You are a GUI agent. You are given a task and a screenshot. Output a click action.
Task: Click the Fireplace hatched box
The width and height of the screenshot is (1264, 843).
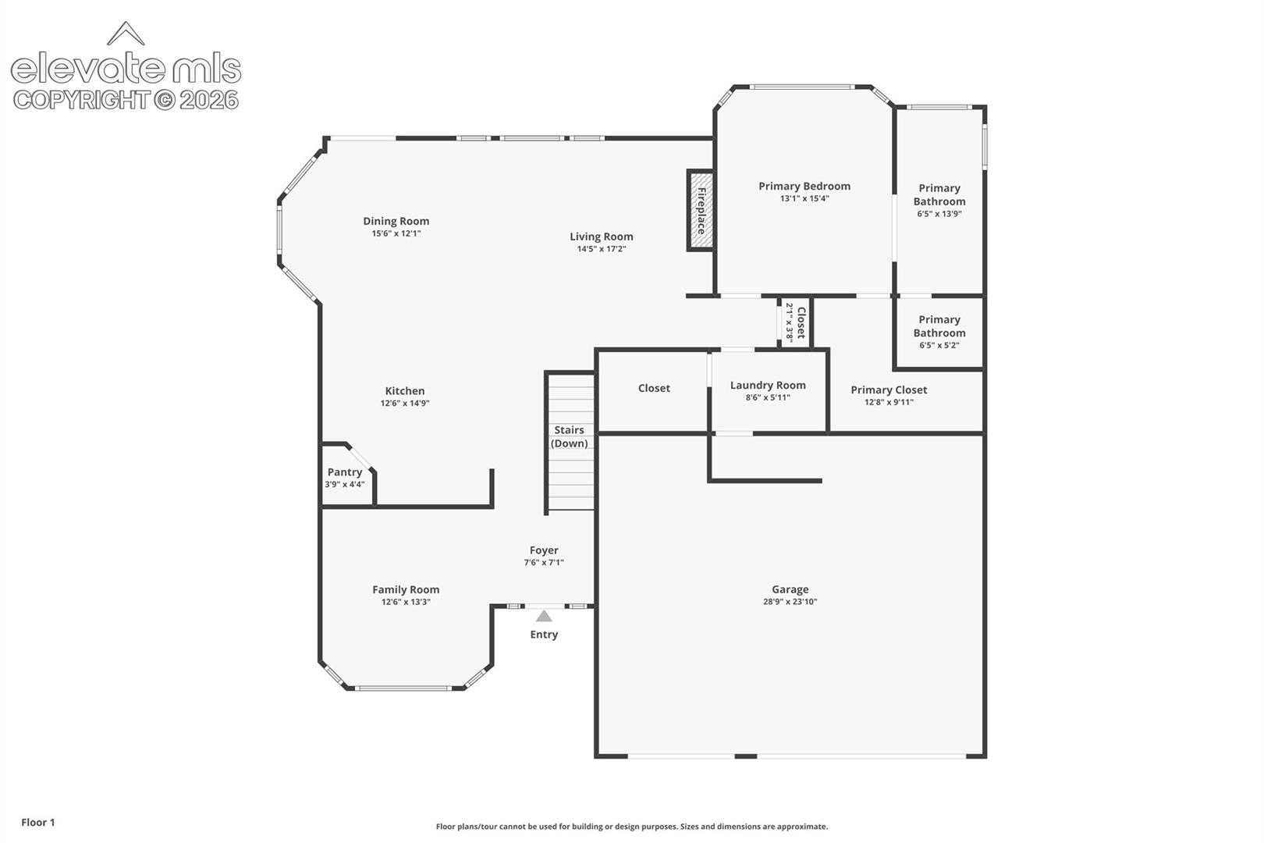click(701, 210)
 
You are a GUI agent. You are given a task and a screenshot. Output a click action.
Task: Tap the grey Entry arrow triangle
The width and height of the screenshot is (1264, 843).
click(544, 616)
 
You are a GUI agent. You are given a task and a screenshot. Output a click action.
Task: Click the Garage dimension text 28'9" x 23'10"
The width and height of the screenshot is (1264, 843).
click(790, 602)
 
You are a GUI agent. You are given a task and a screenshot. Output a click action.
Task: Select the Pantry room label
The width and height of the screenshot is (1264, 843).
click(345, 472)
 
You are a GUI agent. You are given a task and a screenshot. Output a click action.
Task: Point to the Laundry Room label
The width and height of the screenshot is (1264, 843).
click(768, 385)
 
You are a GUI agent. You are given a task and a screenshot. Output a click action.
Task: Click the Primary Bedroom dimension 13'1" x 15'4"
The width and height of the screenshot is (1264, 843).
click(804, 199)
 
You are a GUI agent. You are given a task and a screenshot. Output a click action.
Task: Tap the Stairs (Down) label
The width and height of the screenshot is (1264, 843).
click(570, 436)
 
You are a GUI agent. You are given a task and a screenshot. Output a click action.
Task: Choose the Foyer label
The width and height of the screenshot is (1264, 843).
click(544, 550)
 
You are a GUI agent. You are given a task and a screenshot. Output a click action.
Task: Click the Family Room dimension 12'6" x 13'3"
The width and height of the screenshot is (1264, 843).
click(406, 602)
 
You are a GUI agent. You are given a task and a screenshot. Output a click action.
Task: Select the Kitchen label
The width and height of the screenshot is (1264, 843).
click(405, 391)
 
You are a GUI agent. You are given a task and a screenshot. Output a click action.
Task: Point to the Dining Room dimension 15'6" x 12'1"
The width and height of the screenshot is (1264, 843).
click(396, 233)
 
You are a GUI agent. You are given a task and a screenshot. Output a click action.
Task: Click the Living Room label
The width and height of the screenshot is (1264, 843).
click(602, 237)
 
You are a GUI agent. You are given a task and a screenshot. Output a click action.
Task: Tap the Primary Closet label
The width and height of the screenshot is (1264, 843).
click(889, 389)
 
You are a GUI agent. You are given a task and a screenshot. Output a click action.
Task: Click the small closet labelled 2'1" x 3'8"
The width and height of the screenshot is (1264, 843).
click(796, 322)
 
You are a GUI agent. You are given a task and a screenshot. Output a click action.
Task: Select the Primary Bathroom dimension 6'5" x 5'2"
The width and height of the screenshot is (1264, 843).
click(939, 346)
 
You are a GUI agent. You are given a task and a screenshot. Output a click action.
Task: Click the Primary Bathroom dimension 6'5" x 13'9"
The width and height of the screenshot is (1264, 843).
click(939, 214)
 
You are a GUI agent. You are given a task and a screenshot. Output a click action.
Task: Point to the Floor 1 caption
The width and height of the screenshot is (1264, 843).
click(38, 822)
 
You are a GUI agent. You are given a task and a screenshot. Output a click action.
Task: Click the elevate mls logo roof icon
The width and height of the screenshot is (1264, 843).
click(126, 34)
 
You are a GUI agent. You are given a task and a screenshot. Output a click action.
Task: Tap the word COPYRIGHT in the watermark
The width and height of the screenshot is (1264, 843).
click(83, 100)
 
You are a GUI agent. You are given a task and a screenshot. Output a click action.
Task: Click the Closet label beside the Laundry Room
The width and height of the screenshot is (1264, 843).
click(654, 388)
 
